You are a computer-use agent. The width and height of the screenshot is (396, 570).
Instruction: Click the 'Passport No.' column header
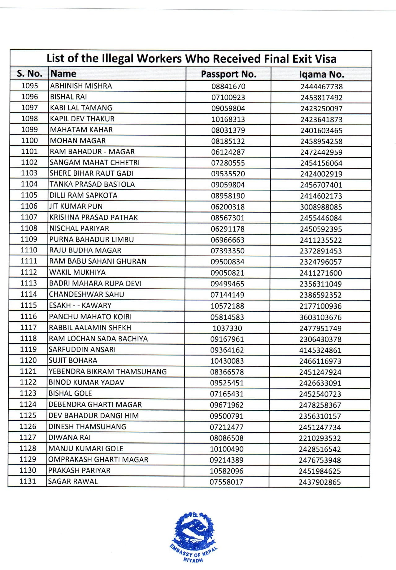point(228,74)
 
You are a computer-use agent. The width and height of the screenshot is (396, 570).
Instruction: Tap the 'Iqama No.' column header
point(321,74)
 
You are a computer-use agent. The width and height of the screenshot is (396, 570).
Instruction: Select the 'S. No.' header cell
point(29,74)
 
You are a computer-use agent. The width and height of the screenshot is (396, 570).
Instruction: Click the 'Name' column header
point(63,74)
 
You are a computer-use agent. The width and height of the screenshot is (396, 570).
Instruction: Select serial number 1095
point(30,86)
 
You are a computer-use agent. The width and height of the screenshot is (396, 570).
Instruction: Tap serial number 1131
point(28,481)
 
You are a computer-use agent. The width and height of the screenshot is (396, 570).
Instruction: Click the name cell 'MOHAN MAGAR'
point(78,141)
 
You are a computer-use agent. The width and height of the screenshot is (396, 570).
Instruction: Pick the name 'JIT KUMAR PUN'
point(76,206)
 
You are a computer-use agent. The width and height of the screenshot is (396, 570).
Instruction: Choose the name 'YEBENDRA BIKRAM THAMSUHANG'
point(107,372)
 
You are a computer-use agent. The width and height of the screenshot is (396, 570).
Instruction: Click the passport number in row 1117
point(227,328)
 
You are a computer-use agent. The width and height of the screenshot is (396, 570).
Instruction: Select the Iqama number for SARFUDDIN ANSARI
point(320,350)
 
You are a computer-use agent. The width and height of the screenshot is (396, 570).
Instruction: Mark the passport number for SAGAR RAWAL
point(226,482)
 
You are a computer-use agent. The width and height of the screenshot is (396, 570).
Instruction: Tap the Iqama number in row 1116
point(320,317)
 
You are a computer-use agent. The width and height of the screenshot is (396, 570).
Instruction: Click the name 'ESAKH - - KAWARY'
point(80,306)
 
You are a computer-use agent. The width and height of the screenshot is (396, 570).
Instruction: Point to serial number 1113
point(28,283)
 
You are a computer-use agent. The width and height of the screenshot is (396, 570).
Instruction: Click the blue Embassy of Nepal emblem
point(194,530)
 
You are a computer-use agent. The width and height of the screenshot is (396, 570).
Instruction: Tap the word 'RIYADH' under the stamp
point(193,560)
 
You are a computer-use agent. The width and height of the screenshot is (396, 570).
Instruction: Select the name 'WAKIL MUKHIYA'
point(77,272)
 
